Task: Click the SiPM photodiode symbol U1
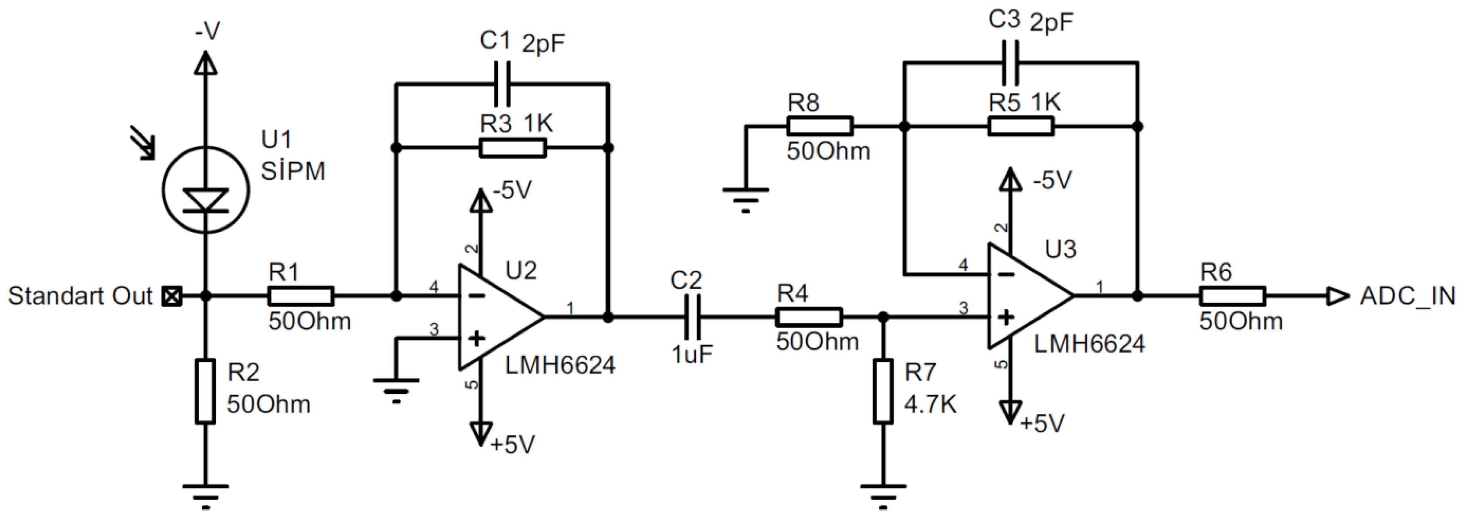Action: click(205, 189)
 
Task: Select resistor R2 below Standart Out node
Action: click(205, 391)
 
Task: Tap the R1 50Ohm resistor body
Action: click(300, 296)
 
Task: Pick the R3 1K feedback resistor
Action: click(513, 148)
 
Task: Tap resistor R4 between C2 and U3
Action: click(809, 317)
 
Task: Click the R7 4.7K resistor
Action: click(883, 391)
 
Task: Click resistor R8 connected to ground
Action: click(820, 126)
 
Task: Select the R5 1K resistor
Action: click(1020, 126)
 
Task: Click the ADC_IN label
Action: click(1407, 296)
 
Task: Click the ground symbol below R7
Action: click(883, 493)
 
